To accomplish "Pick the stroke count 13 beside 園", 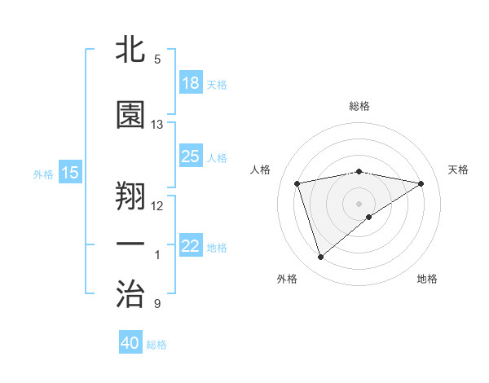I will pos(157,125).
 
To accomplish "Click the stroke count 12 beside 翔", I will pos(157,205).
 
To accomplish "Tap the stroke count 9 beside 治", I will pos(156,304).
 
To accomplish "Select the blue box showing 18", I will pos(191,83).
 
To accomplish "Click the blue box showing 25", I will pos(191,156).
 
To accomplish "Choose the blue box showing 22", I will pos(191,246).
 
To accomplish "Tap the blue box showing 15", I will pos(70,173).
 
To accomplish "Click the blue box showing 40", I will pos(130,343).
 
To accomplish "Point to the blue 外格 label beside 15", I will pos(43,174).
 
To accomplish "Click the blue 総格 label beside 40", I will pos(156,345).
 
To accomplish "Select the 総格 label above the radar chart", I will pos(359,106).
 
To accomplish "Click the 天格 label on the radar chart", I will pos(458,169).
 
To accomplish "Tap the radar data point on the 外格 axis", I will pos(320,258).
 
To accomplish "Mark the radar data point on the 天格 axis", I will pos(421,183).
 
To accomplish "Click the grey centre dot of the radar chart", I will pos(359,203).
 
